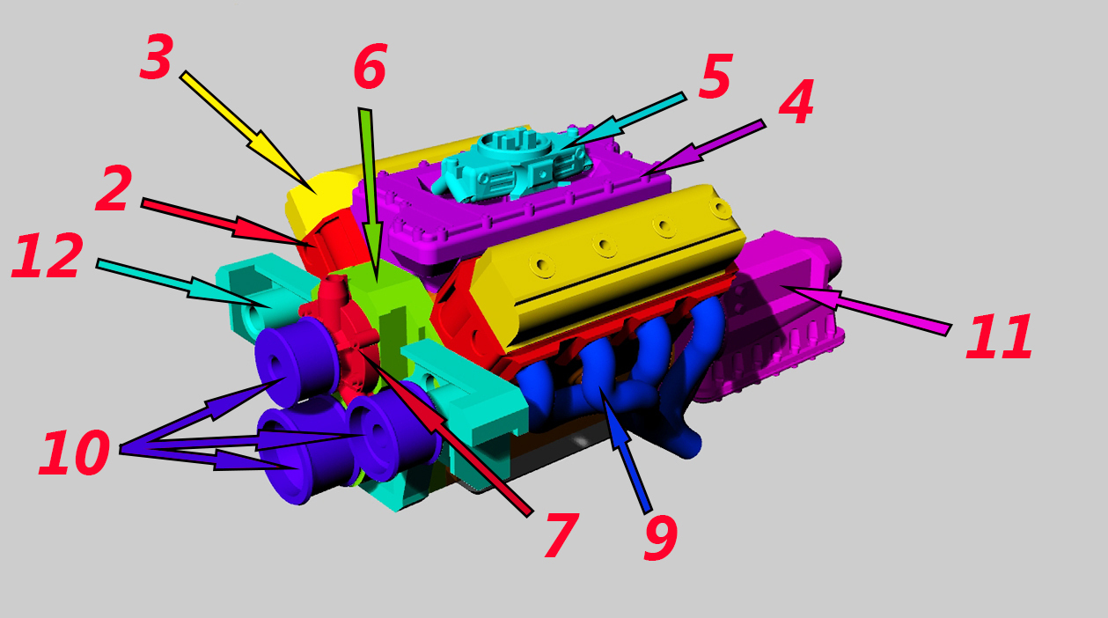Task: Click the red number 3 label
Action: (x=157, y=57)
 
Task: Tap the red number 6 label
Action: (x=371, y=66)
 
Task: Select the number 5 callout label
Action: (x=715, y=76)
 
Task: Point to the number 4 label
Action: (x=796, y=101)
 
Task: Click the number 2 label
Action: (x=114, y=188)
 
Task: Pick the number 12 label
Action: (x=47, y=255)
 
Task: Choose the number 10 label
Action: (x=74, y=452)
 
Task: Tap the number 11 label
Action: (x=999, y=336)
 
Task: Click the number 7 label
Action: (x=561, y=535)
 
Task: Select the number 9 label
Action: (x=661, y=537)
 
